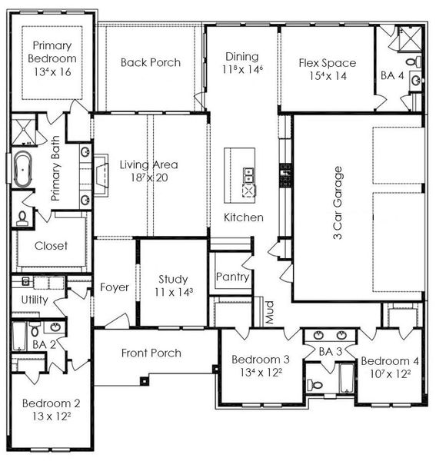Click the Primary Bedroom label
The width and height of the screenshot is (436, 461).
point(52,52)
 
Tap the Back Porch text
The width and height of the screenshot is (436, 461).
point(151,62)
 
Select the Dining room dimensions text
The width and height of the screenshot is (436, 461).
point(243,69)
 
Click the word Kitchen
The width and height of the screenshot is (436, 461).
point(244,217)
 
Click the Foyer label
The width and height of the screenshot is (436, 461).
point(115,287)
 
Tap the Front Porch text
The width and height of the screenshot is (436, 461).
point(151,353)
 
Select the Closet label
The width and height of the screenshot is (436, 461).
point(52,246)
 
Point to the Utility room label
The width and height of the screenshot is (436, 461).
point(35,300)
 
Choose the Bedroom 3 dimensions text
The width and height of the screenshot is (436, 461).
point(261,373)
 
